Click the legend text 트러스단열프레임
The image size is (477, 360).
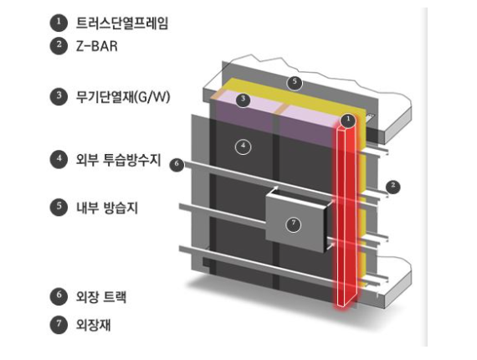point(122,23)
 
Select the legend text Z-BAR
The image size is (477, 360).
point(97,47)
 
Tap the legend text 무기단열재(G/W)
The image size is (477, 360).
point(123,97)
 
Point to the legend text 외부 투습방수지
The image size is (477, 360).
point(118,159)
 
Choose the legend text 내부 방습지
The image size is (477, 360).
point(107,208)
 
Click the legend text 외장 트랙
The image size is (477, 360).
point(101,296)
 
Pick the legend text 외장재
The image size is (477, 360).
point(93,325)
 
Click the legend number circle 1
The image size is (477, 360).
point(59,23)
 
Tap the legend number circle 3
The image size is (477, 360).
point(59,97)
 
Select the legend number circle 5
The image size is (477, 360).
point(59,208)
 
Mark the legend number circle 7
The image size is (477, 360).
point(59,325)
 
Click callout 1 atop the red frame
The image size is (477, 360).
point(348,121)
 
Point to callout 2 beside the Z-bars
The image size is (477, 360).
point(393,186)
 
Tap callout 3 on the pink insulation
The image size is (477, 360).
point(243,100)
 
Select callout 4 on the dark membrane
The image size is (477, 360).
point(244,147)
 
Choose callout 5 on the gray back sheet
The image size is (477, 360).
point(295,83)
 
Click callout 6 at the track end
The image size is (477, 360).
point(177,165)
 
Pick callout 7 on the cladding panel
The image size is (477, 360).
point(293,224)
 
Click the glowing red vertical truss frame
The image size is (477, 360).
point(346,216)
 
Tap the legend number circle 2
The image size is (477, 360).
point(59,46)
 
